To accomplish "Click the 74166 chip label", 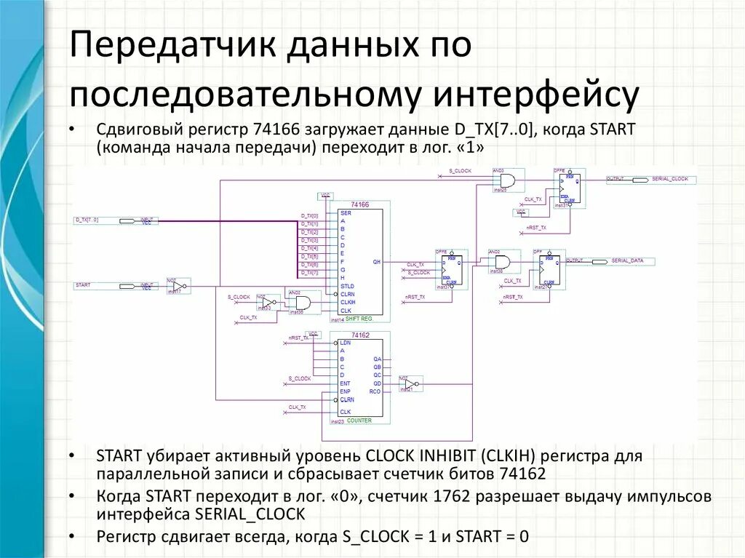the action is coord(359,205).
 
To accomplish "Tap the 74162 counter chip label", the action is coord(359,335).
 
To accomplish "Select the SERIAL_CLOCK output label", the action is coord(670,179).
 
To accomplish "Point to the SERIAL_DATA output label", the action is coord(627,260).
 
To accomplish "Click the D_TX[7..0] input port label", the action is coord(87,219).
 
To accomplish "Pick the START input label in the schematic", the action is coord(83,285).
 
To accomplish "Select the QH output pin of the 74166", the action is coord(376,260).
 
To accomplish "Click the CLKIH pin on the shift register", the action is coord(348,302).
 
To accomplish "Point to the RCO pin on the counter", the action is coord(375,391).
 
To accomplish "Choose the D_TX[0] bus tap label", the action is coord(309,216).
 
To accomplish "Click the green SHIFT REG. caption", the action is coord(359,319).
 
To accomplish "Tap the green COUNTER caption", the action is coord(359,421).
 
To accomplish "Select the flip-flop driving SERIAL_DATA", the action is coord(550,270).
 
